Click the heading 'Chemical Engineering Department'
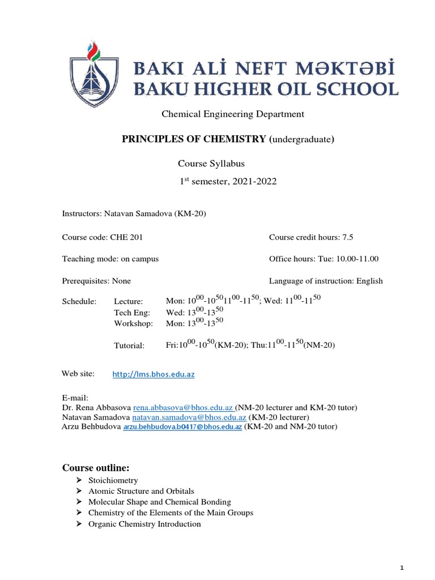click(x=233, y=114)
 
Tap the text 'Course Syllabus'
click(x=211, y=164)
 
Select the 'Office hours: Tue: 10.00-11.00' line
click(x=323, y=259)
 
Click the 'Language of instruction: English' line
click(x=326, y=280)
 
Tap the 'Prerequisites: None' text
click(x=96, y=280)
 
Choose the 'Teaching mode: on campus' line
click(x=110, y=259)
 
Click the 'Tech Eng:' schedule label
click(x=131, y=312)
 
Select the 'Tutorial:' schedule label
click(x=129, y=345)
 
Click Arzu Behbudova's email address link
click(x=182, y=427)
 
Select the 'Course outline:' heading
click(x=96, y=468)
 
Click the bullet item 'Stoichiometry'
click(x=113, y=480)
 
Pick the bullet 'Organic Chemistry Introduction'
click(x=144, y=524)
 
